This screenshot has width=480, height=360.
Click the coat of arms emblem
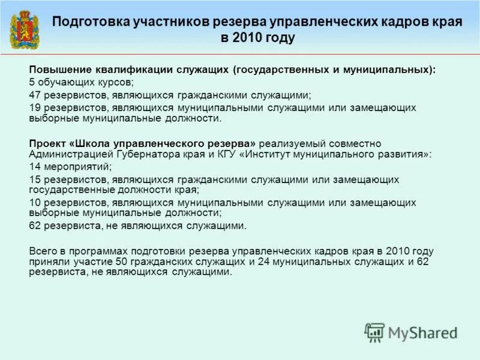pos(24,29)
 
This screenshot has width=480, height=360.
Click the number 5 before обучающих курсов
pos(32,82)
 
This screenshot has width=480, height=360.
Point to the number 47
pos(35,95)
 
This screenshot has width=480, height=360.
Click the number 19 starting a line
pos(35,107)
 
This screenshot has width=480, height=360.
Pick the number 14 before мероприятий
pos(35,166)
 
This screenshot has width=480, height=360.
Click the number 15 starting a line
pos(35,179)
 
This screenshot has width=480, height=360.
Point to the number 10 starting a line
pos(35,202)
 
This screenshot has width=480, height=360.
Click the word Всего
pos(43,250)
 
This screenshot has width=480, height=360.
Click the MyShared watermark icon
pos(374,332)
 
